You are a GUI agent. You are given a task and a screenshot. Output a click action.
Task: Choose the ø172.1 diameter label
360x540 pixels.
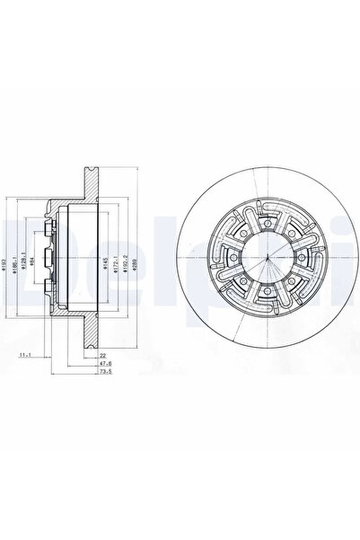116,261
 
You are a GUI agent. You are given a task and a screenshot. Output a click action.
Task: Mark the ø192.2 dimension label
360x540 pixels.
125,261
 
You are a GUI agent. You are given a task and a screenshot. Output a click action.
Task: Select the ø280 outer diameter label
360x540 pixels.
134,261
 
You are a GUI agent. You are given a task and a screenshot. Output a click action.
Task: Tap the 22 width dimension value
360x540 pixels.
104,355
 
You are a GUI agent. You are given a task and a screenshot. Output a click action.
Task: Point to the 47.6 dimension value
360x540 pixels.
104,364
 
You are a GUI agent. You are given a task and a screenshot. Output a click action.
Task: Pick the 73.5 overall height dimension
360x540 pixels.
104,372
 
